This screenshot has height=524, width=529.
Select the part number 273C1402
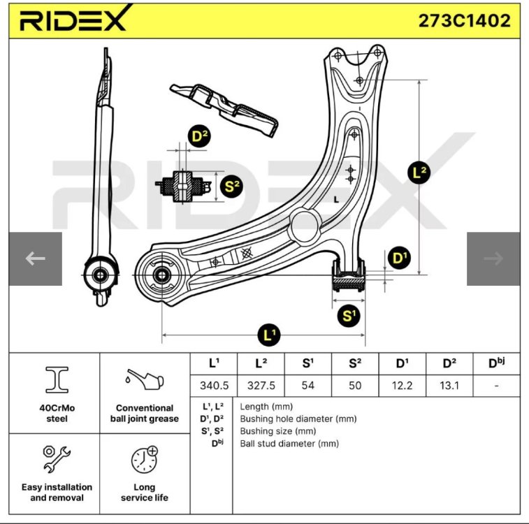coord(464,20)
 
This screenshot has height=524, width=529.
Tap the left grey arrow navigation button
coord(36,259)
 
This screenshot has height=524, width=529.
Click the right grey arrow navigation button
coord(493,259)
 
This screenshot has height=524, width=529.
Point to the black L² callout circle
coord(419,173)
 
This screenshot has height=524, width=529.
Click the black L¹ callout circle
coord(269,335)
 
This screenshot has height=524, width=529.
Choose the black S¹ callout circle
coord(349,316)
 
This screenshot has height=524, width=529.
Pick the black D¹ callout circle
coord(400,258)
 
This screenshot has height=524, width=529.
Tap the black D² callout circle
coord(200,136)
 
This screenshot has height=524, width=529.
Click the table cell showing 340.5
coord(214,386)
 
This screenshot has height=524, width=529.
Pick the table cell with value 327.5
coord(261,386)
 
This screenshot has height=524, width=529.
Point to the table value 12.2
coord(402,386)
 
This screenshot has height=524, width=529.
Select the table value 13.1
coord(449,386)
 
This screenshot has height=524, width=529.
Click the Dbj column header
coord(496,363)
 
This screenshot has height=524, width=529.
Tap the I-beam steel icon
coord(57,380)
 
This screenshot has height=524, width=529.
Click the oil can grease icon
coord(145,379)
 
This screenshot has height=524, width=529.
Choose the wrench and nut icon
coord(57,459)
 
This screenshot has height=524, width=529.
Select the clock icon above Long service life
coord(145,459)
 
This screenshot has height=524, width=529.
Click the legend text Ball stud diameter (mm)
coord(289,444)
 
